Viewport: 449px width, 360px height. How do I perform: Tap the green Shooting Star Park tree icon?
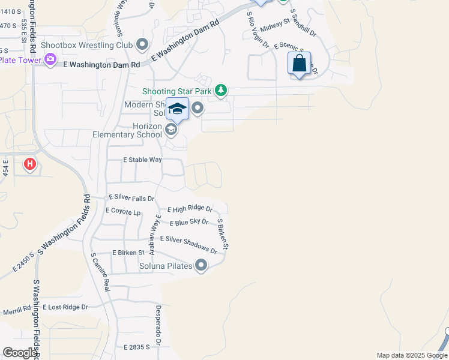(221, 91)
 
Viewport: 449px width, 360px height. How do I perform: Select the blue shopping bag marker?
(299, 63)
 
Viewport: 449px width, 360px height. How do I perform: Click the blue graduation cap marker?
(177, 109)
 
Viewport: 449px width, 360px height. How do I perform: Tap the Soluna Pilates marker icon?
(201, 265)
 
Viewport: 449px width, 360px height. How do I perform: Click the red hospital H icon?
(29, 164)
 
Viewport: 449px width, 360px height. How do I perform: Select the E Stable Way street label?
(142, 160)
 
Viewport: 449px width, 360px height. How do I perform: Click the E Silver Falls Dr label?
(131, 198)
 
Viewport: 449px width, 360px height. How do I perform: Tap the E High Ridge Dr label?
(190, 209)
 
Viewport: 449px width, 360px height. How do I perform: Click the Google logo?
(20, 353)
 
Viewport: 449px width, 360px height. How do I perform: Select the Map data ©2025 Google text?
(412, 355)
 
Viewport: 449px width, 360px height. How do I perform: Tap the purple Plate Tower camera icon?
(50, 59)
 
